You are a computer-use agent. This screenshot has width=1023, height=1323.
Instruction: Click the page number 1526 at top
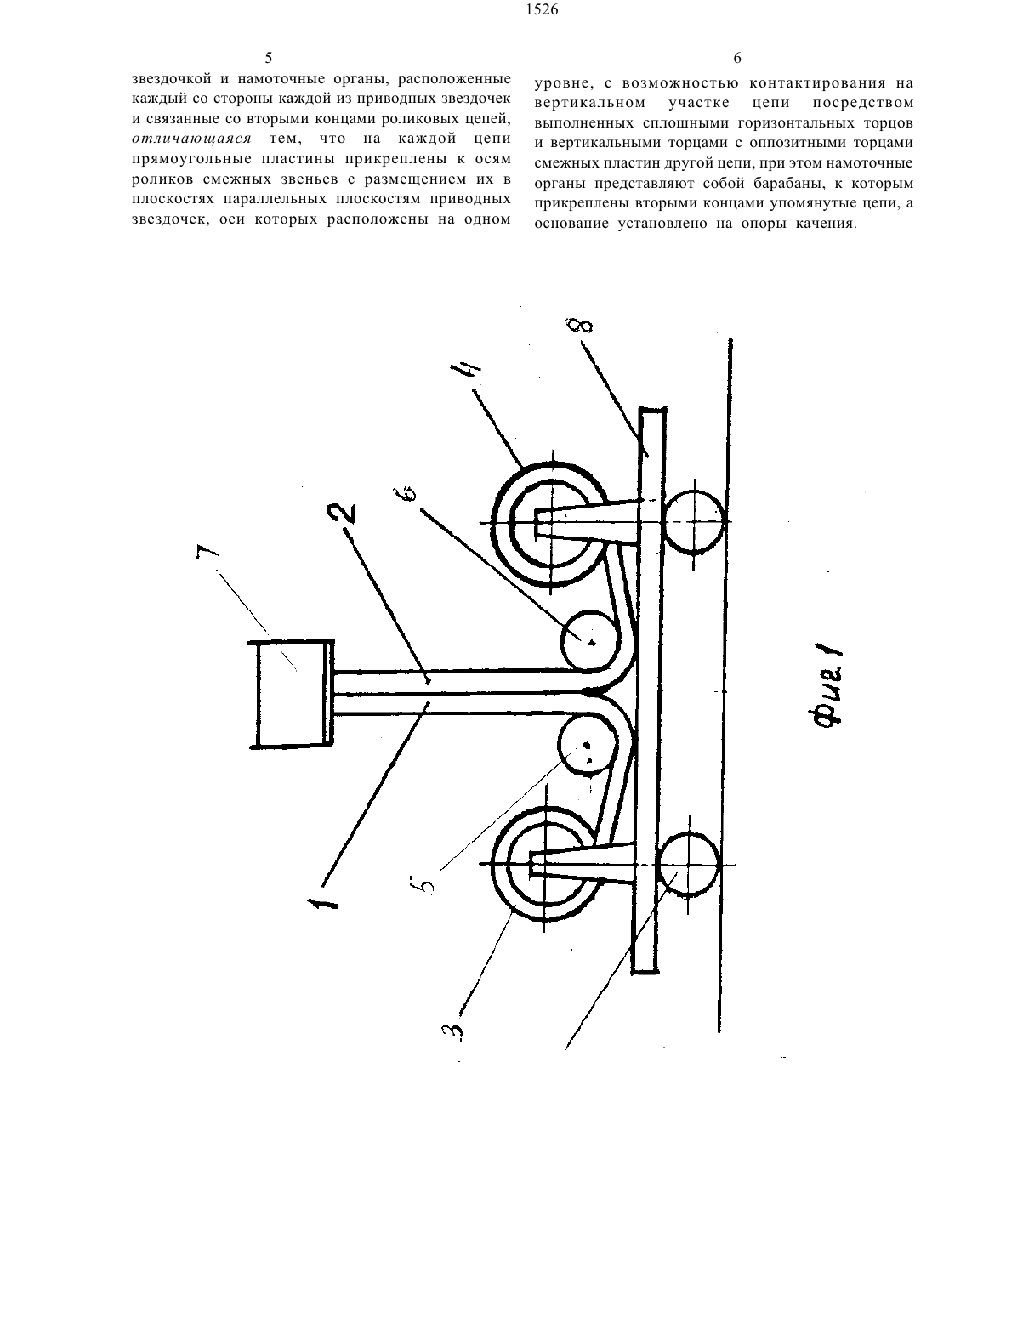(542, 9)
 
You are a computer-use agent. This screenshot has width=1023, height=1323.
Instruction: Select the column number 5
(269, 58)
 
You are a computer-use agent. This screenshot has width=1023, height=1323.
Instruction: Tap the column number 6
(737, 58)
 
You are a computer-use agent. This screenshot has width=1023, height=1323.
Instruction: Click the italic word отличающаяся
(192, 139)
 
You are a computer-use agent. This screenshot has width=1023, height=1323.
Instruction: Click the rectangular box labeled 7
(294, 694)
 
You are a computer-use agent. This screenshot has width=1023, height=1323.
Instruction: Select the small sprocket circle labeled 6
(589, 640)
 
